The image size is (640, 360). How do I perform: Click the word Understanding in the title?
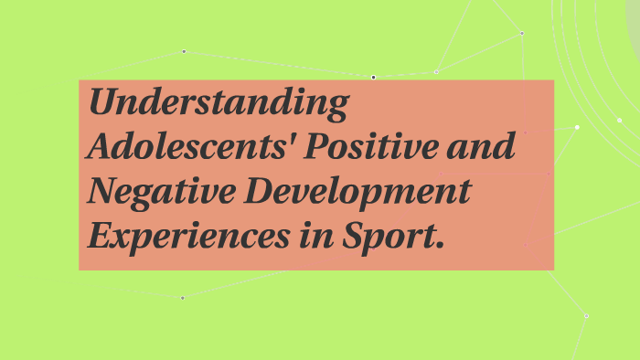pos(218,103)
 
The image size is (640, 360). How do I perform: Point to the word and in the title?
pos(488,147)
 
